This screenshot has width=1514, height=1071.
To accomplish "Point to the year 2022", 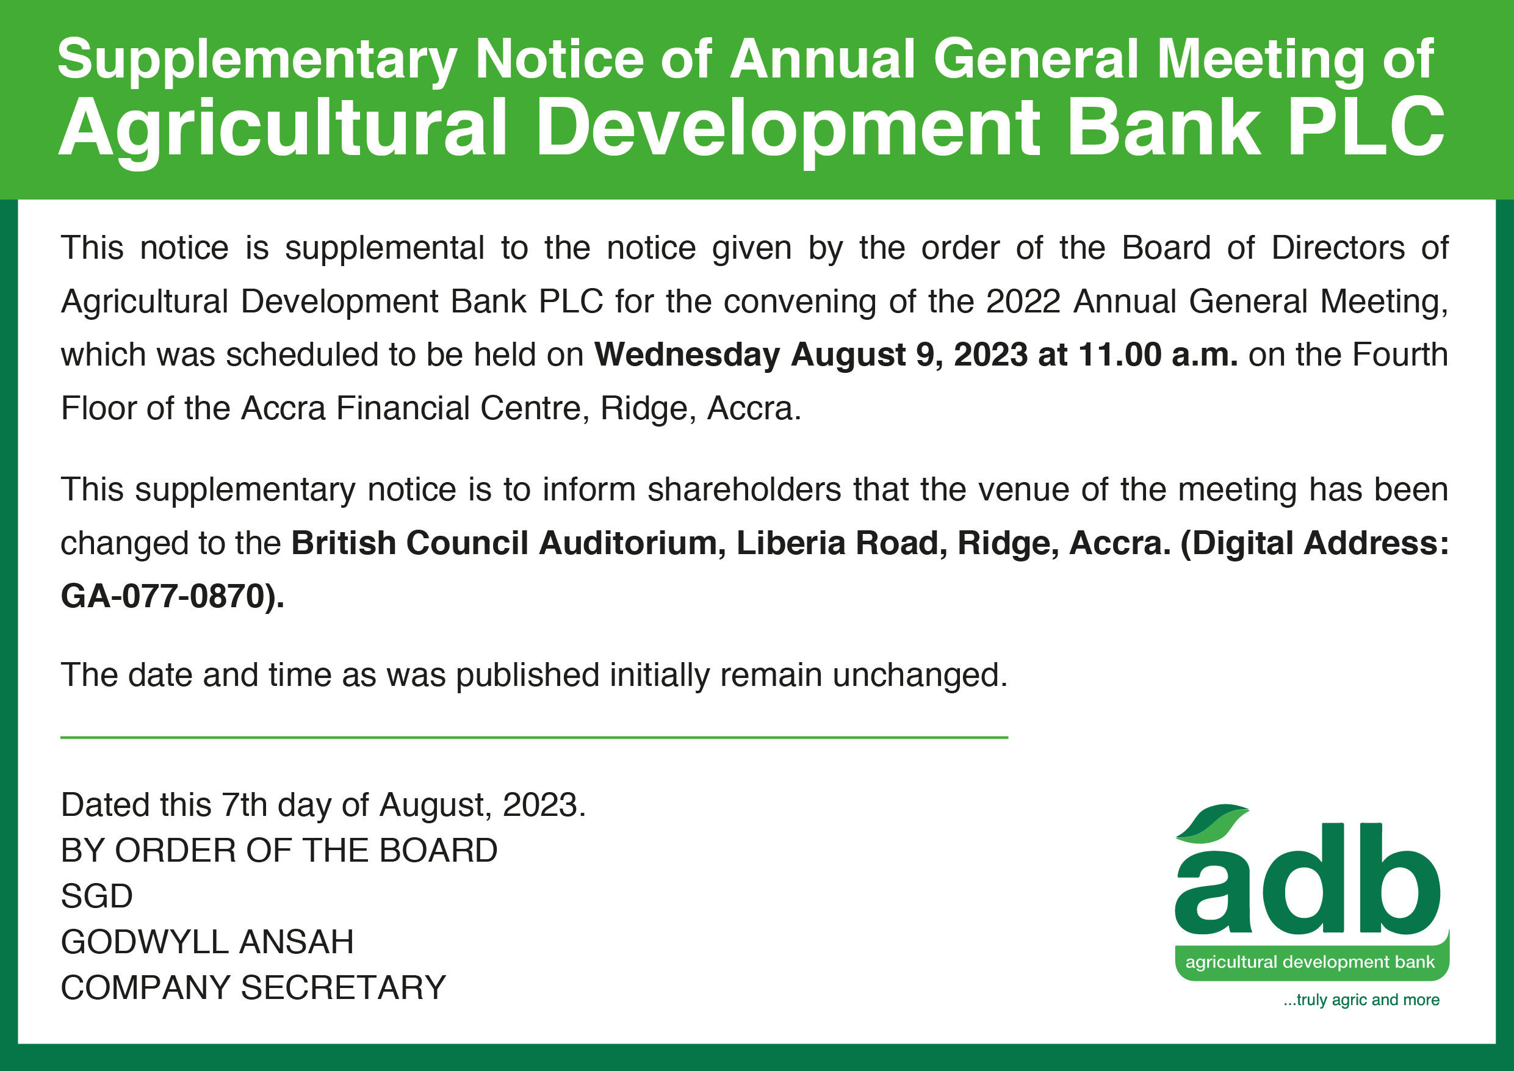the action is [x=1023, y=302].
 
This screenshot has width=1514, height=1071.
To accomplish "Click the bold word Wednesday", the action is [x=687, y=355].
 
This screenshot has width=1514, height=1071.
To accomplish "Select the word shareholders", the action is [x=744, y=490].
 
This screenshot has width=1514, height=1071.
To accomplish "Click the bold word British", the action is [x=344, y=543].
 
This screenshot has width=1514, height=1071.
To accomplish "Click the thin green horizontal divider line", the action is [x=534, y=737].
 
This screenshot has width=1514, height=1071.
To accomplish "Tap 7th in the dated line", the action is [x=245, y=805].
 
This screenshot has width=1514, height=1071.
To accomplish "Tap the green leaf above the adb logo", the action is [x=1212, y=824].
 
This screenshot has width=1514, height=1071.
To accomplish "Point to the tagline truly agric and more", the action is [x=1361, y=1000].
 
